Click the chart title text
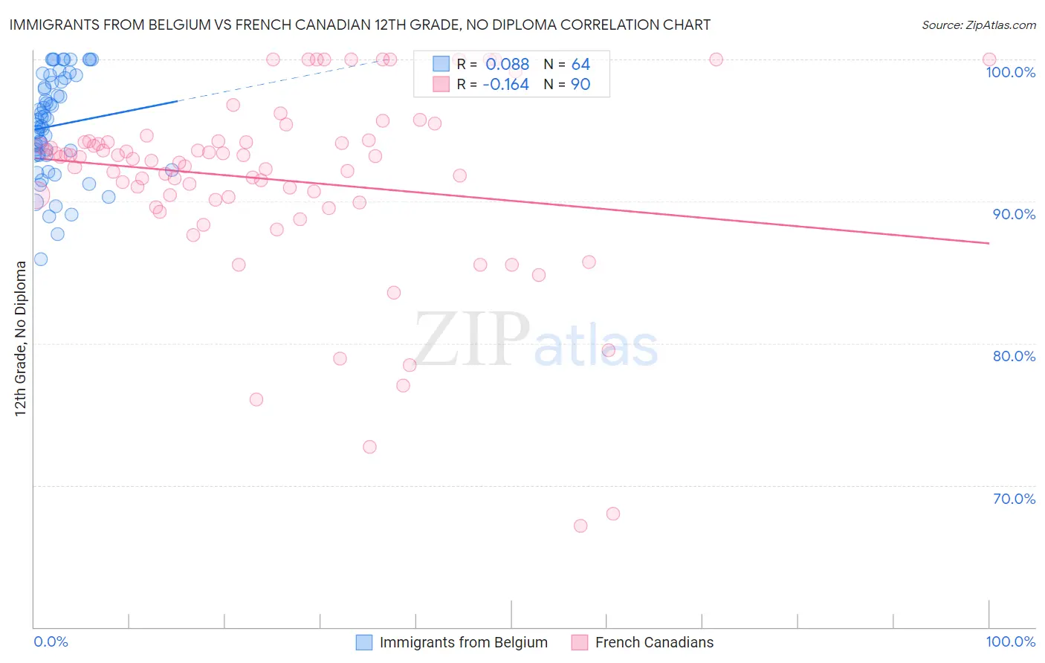point(360,25)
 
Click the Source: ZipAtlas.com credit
point(978,25)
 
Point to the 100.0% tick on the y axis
point(1010,72)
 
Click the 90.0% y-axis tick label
point(1014,214)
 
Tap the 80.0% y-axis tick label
point(1014,356)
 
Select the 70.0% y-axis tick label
point(1014,499)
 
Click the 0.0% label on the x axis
point(51,641)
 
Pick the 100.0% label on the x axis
point(1010,641)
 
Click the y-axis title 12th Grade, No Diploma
point(21,338)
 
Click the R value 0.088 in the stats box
point(507,65)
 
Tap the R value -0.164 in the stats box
point(505,85)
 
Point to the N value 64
point(580,65)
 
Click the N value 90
point(580,85)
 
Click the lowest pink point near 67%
point(580,525)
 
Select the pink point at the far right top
point(989,59)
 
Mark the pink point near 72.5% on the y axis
point(369,447)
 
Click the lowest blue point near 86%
point(41,259)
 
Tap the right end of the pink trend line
point(989,243)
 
